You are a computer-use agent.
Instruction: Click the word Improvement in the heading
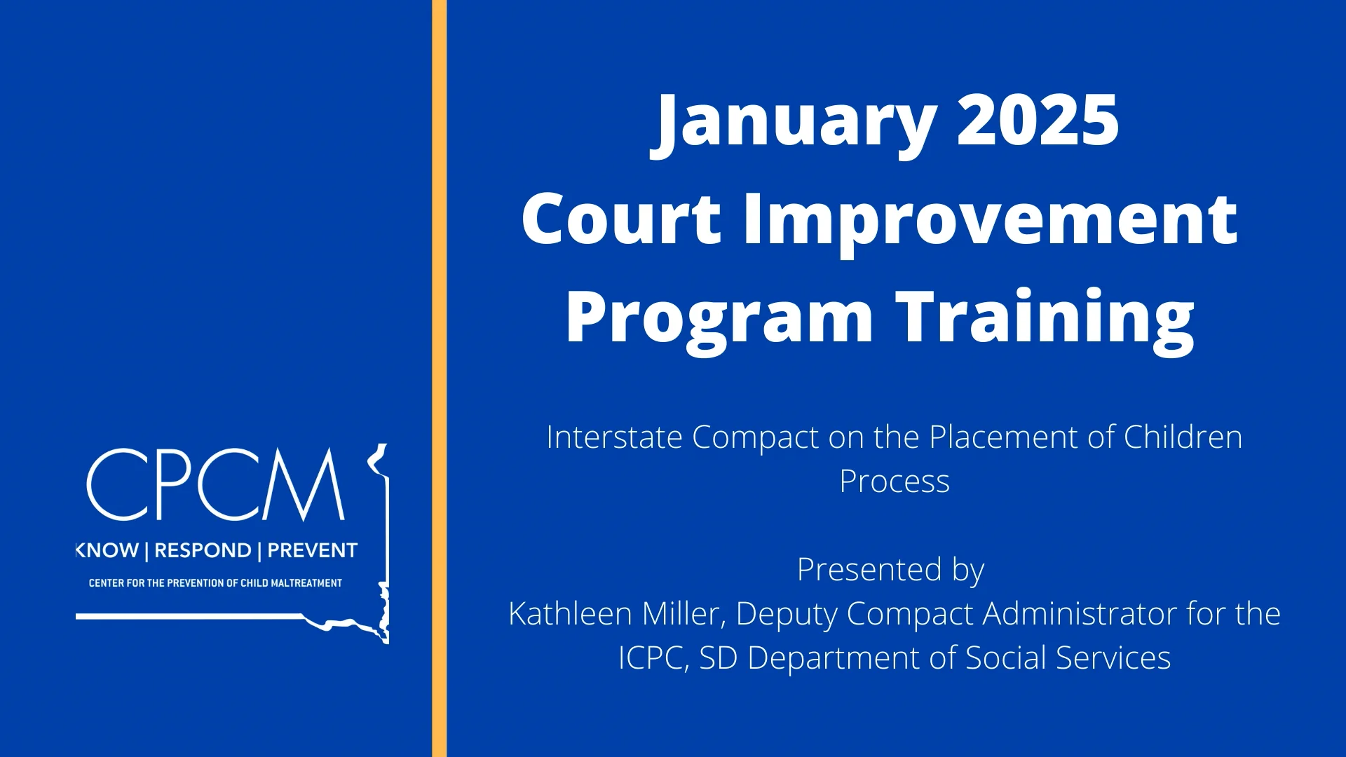pos(991,224)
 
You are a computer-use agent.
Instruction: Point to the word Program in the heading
pos(719,322)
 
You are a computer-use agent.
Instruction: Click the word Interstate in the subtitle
pos(614,437)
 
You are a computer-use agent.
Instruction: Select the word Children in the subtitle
pos(1183,437)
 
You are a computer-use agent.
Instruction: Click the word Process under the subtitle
pos(895,482)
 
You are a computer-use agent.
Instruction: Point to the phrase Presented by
pos(891,571)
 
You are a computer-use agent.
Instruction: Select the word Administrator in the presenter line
pos(1080,614)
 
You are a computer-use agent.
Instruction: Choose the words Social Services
pos(1068,658)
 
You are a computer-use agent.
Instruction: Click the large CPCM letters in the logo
pos(216,484)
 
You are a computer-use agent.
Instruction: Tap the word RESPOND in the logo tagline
pos(203,551)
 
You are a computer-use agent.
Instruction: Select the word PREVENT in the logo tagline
pos(313,551)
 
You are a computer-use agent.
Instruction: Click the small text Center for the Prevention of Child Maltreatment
pos(215,583)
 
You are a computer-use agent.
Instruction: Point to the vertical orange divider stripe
pos(439,378)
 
